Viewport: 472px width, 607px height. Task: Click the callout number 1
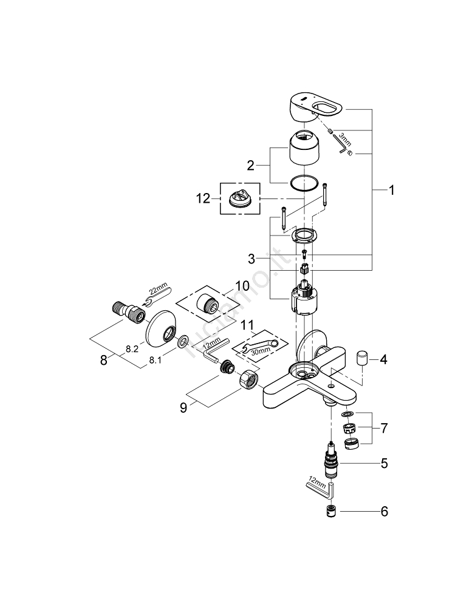click(x=392, y=190)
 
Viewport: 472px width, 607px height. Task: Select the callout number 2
click(x=249, y=165)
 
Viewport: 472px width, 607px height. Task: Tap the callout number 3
click(x=251, y=259)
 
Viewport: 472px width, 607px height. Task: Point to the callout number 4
click(x=383, y=360)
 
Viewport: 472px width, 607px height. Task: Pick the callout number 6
click(x=383, y=512)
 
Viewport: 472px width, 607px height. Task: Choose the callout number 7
click(x=383, y=428)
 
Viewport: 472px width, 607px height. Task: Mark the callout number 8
click(x=104, y=359)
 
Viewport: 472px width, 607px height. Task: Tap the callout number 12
click(x=203, y=198)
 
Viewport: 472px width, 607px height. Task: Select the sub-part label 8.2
click(x=133, y=349)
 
